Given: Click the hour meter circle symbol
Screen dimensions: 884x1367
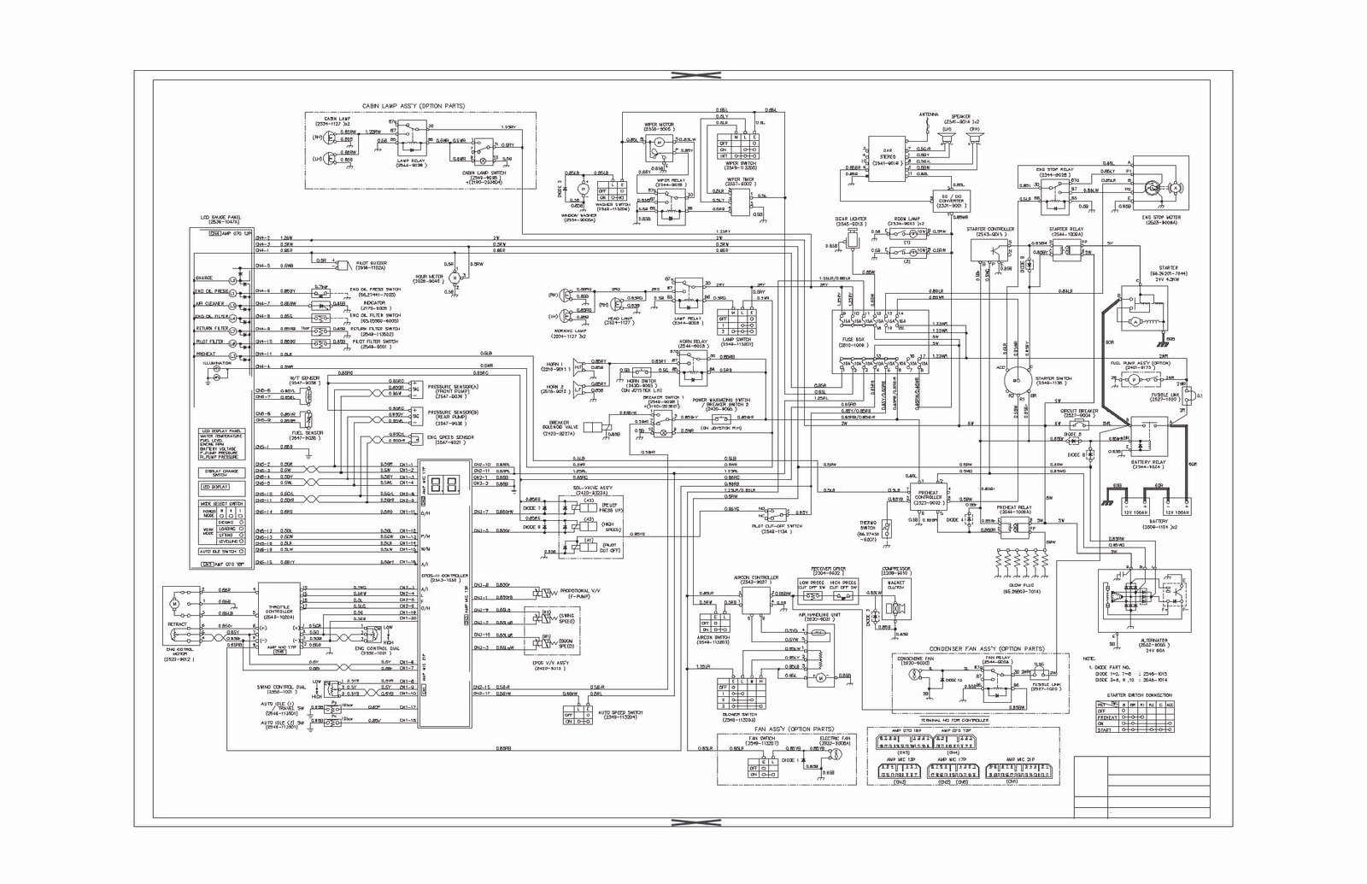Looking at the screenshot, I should click(455, 278).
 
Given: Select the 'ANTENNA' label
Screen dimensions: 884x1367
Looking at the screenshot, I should click(929, 113).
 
